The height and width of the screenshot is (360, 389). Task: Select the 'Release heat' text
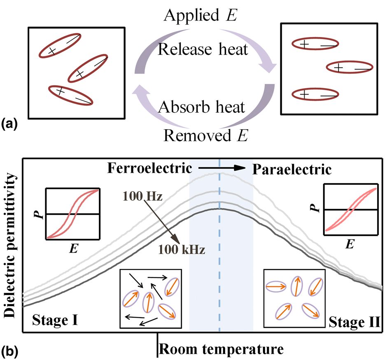point(203,50)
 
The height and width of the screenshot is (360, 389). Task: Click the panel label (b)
point(9,351)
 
